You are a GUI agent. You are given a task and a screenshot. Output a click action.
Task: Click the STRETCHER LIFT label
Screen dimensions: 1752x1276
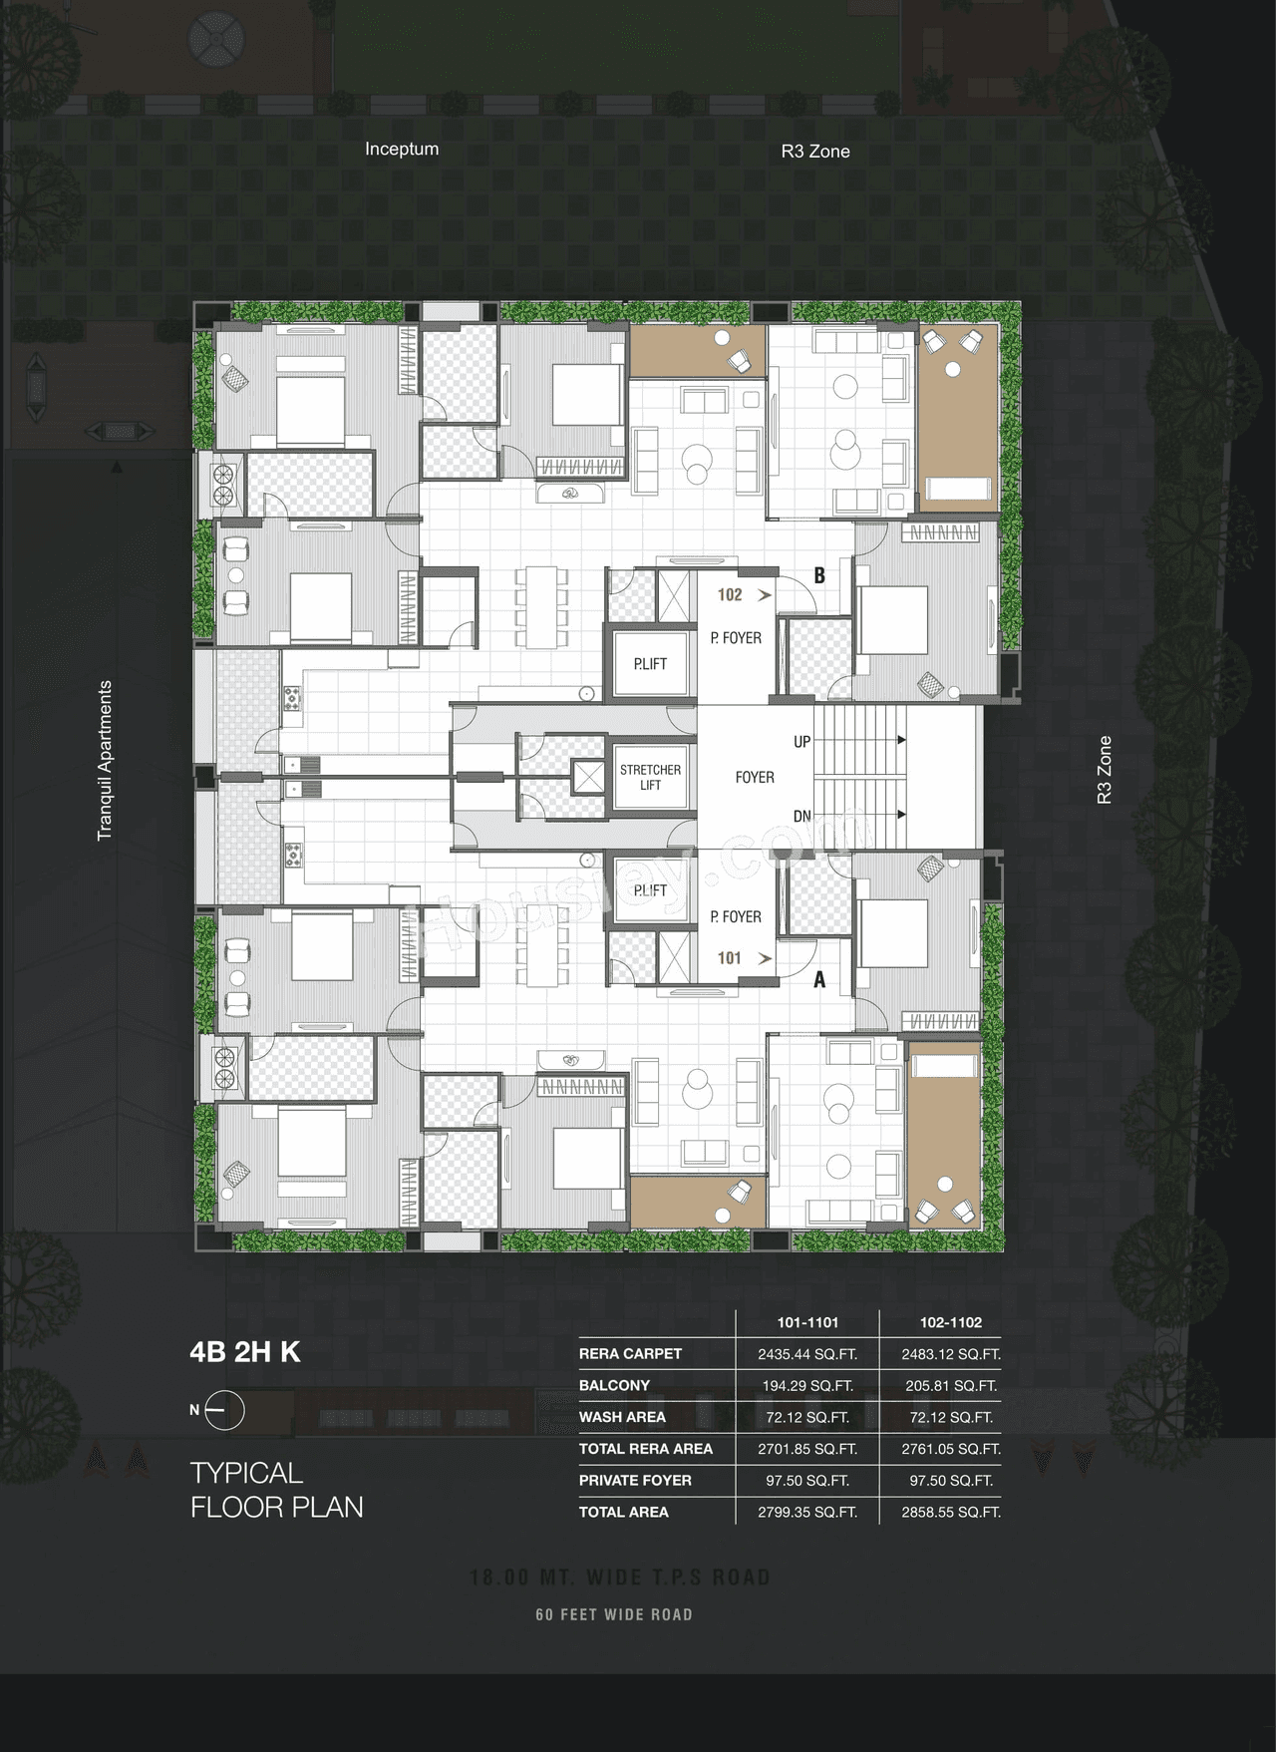coord(650,777)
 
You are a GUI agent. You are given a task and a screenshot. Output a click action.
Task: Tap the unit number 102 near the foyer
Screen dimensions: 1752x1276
coord(730,595)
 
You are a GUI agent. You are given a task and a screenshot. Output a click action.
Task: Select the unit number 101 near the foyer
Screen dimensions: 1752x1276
coord(730,958)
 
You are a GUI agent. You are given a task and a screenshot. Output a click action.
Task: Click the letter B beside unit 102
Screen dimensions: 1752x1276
coord(819,575)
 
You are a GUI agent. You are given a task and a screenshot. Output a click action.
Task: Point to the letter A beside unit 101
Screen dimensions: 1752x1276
coord(819,980)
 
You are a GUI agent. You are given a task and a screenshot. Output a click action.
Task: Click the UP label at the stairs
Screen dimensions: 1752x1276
coord(801,742)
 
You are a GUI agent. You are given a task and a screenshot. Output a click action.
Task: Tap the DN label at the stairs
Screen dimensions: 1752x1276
coord(801,816)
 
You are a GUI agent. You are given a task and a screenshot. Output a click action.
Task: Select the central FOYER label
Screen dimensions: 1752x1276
coord(755,777)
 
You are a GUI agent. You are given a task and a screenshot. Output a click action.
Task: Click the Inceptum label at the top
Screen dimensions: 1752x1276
coord(402,149)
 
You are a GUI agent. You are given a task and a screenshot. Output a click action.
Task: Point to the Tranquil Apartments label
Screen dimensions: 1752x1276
coord(105,761)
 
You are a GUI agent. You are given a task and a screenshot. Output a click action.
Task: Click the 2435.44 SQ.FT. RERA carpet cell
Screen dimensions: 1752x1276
coord(807,1354)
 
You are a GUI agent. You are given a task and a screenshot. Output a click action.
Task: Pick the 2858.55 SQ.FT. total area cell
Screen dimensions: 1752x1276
coord(951,1512)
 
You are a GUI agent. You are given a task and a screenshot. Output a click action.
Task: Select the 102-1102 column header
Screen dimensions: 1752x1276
coord(951,1322)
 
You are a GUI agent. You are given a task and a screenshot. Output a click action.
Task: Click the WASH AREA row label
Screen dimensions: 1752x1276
coord(622,1417)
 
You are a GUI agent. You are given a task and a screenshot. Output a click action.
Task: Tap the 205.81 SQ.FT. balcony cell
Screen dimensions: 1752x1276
coord(951,1386)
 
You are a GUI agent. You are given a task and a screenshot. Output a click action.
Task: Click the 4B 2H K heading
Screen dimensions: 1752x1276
coord(245,1352)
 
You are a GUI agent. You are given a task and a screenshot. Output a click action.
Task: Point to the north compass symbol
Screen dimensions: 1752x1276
coord(226,1410)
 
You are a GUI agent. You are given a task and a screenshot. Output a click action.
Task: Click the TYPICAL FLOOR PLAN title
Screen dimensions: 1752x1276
coord(276,1490)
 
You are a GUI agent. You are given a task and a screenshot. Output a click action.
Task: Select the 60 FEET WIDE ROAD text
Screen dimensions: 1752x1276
coord(614,1614)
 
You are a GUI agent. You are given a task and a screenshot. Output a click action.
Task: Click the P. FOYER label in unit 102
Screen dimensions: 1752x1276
coord(736,638)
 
